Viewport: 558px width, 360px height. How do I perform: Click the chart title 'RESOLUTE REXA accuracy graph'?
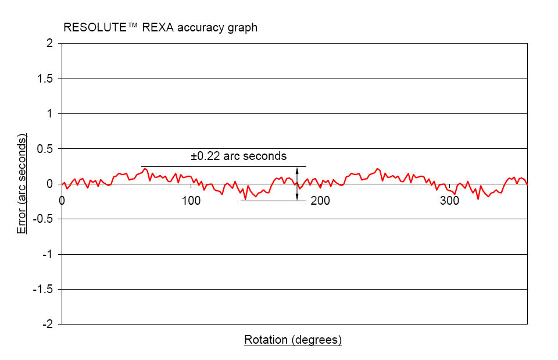point(160,27)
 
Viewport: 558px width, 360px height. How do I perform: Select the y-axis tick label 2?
point(49,44)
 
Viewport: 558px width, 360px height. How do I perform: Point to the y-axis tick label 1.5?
point(45,79)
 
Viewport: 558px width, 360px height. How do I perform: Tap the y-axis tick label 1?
point(49,114)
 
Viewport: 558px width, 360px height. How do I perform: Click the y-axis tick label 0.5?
point(45,149)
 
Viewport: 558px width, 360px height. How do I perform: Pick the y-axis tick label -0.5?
point(43,219)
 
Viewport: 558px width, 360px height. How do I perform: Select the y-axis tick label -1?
point(48,254)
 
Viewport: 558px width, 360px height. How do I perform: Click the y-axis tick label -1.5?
point(43,290)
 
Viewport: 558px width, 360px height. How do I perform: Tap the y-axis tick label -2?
point(48,325)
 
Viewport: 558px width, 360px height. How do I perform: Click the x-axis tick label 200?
point(320,201)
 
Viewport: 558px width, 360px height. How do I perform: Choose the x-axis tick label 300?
point(449,201)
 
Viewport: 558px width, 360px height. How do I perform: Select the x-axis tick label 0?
point(62,201)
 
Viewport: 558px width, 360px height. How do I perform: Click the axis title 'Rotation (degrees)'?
point(293,340)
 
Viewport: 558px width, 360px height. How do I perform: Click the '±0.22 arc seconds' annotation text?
point(239,156)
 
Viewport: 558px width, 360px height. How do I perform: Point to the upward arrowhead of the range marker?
point(297,170)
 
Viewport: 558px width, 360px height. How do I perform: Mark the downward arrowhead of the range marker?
point(297,197)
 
